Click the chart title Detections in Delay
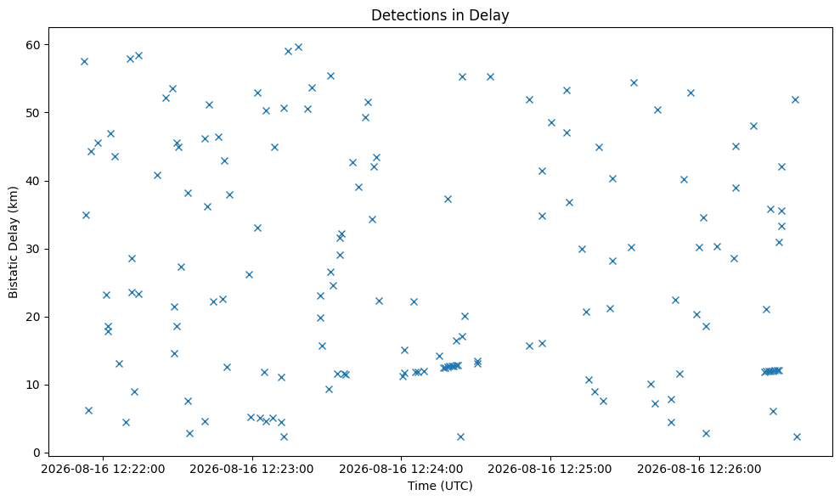pyautogui.click(x=440, y=15)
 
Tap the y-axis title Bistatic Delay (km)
pyautogui.click(x=13, y=242)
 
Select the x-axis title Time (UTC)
pyautogui.click(x=440, y=486)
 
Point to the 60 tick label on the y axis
pyautogui.click(x=33, y=45)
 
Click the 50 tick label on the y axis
pyautogui.click(x=33, y=113)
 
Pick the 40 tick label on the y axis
pyautogui.click(x=33, y=181)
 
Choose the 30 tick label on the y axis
pyautogui.click(x=33, y=249)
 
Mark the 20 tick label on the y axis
pyautogui.click(x=33, y=318)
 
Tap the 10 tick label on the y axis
pyautogui.click(x=33, y=386)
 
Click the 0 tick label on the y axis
pyautogui.click(x=37, y=453)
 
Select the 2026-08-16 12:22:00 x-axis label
pyautogui.click(x=103, y=470)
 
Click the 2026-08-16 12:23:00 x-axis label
pyautogui.click(x=251, y=470)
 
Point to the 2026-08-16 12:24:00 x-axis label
pyautogui.click(x=401, y=470)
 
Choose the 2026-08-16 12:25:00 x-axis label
pyautogui.click(x=550, y=470)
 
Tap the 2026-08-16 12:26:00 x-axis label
pyautogui.click(x=699, y=470)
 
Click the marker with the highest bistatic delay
pyautogui.click(x=298, y=48)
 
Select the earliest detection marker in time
pyautogui.click(x=84, y=62)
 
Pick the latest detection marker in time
pyautogui.click(x=797, y=436)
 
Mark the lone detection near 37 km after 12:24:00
pyautogui.click(x=448, y=200)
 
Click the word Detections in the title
pyautogui.click(x=402, y=15)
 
